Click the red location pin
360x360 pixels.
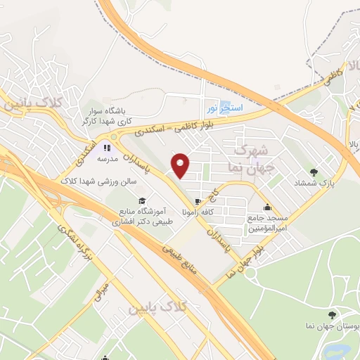(x=181, y=166)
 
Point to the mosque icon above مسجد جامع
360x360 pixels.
(x=268, y=207)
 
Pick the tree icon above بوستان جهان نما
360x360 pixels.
(x=333, y=315)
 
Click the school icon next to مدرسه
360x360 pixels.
(x=108, y=148)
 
